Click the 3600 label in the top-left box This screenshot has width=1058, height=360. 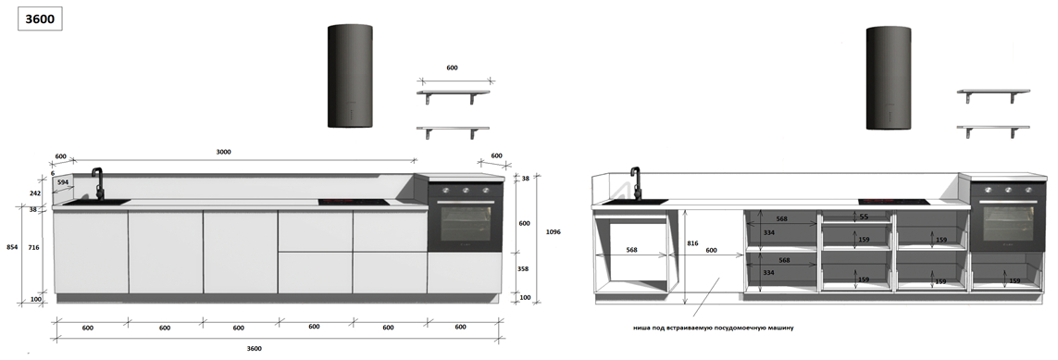pos(40,19)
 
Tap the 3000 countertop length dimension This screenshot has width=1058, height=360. pos(223,153)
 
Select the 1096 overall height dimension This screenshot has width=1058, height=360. pos(554,232)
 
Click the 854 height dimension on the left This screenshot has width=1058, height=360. pos(12,247)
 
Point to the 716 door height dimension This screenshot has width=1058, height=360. pos(33,247)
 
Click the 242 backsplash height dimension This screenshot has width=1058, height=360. pos(35,193)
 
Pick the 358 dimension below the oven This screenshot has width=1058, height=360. pos(524,269)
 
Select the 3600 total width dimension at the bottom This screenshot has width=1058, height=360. pos(254,349)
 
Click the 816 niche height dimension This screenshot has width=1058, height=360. pos(692,243)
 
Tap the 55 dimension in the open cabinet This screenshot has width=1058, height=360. pos(864,217)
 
